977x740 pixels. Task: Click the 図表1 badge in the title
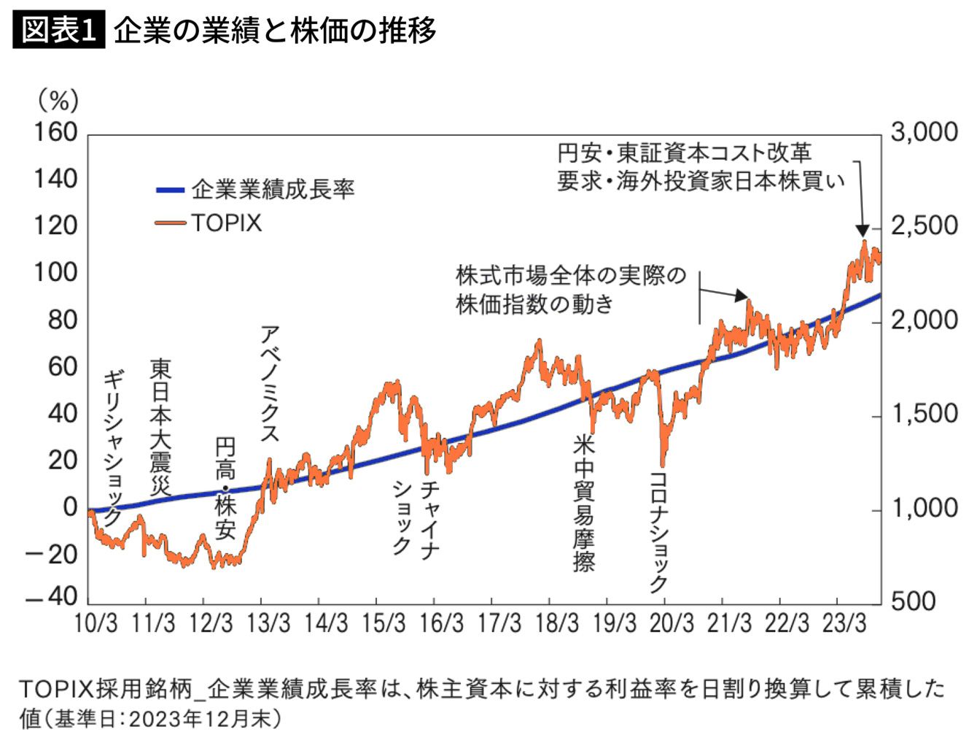pos(58,30)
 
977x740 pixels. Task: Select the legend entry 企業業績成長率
pos(273,190)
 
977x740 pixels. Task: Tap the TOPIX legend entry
pos(226,223)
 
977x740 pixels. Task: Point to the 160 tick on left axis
pos(55,132)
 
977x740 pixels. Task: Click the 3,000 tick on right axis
pos(924,132)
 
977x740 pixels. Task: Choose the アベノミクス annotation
pos(270,384)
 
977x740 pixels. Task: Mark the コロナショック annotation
pos(658,531)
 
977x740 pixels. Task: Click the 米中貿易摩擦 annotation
pos(583,503)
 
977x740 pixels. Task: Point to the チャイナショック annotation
pos(416,517)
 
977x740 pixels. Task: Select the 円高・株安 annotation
pos(225,488)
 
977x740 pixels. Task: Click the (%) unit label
pos(58,100)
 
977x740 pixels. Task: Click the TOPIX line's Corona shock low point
pos(663,464)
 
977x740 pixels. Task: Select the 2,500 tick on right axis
pos(924,226)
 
